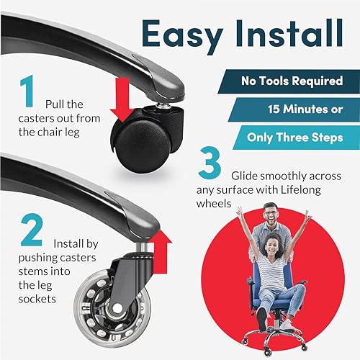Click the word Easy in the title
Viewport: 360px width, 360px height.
182,35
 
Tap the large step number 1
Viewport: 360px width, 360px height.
27,91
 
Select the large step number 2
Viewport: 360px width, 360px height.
32,230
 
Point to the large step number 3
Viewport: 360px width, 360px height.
210,163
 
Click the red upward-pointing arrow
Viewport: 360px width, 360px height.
161,251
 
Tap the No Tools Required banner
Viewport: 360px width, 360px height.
289,81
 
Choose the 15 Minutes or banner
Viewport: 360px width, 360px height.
294,109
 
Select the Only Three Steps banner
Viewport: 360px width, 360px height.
297,138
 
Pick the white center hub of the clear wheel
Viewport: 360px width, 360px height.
117,308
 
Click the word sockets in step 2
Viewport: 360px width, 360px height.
37,299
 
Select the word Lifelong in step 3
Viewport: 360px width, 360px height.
301,189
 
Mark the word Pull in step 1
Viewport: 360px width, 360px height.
54,104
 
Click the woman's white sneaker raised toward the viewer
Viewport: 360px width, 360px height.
262,315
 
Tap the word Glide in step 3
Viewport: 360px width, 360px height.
245,176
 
